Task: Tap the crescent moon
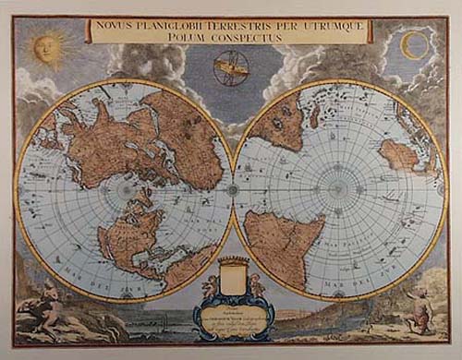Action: click(413, 43)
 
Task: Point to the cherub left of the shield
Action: click(209, 287)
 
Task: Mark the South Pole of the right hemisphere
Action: click(340, 190)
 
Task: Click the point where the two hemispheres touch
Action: click(232, 190)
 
